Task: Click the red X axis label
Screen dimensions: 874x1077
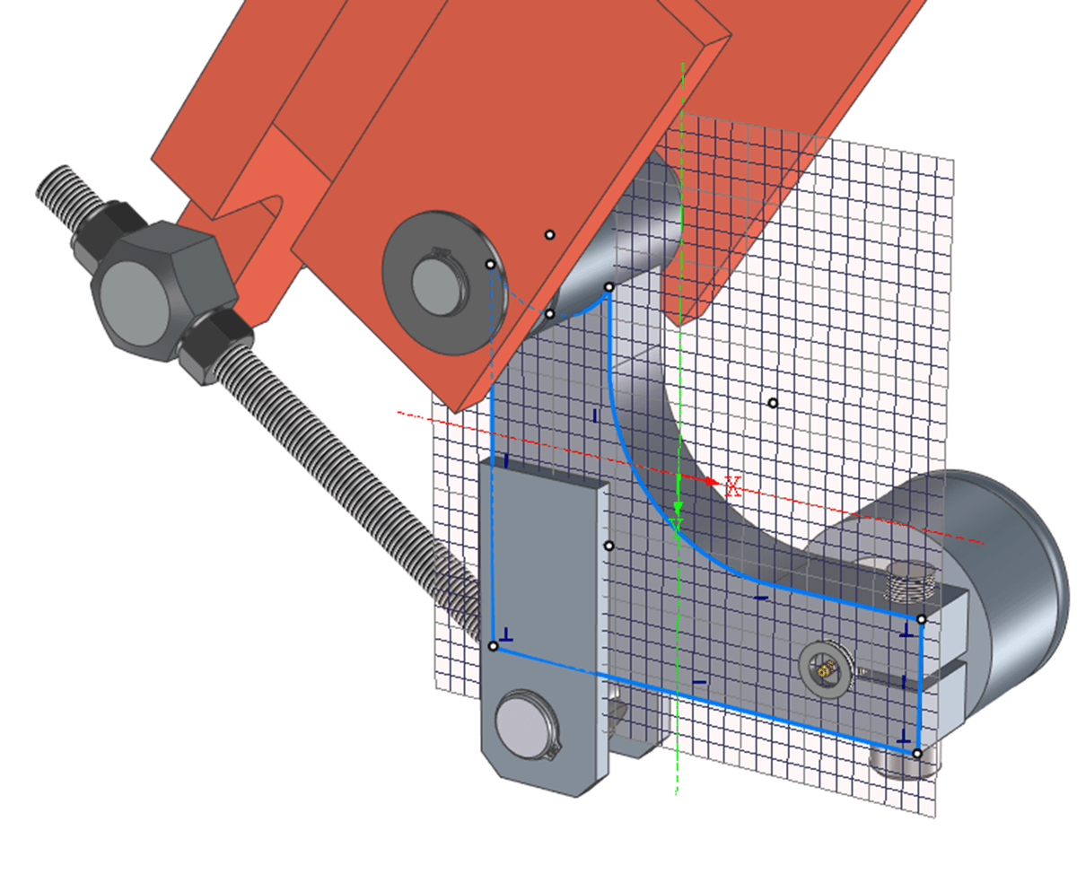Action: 732,487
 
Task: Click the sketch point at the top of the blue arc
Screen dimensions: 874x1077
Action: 609,288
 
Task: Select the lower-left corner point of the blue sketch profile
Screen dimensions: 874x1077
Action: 493,646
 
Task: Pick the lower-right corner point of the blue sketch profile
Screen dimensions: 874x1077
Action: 916,753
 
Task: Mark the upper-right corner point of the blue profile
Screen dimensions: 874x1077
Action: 922,619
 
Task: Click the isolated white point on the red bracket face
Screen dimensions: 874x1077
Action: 550,235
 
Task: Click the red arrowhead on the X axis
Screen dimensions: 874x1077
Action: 714,482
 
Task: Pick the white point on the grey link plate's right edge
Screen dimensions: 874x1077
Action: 609,546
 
